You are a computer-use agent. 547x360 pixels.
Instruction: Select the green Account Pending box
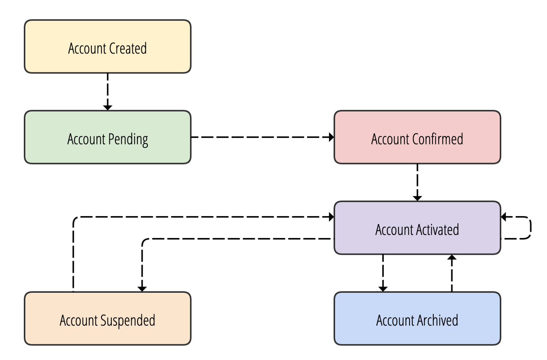click(x=107, y=152)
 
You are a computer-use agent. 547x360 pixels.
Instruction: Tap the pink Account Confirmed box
click(x=417, y=152)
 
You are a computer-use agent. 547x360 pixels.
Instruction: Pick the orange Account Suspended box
click(x=107, y=334)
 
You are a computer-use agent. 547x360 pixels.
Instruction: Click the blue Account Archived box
click(x=417, y=334)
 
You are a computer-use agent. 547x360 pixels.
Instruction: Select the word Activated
click(x=437, y=230)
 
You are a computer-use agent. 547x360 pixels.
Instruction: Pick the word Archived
click(x=438, y=321)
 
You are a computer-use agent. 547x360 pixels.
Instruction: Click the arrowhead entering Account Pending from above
click(x=107, y=107)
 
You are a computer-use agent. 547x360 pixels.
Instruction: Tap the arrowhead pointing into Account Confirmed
click(x=331, y=137)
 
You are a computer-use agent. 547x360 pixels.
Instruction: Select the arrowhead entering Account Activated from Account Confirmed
click(x=417, y=198)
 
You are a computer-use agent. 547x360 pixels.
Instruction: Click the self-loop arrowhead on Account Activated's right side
click(x=504, y=217)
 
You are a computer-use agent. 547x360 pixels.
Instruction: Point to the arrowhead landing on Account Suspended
click(x=142, y=289)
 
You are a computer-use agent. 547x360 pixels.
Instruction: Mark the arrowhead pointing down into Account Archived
click(x=383, y=289)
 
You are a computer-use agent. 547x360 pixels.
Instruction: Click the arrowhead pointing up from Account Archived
click(x=452, y=258)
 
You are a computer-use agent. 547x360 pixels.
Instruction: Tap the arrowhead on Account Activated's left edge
click(x=331, y=217)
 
